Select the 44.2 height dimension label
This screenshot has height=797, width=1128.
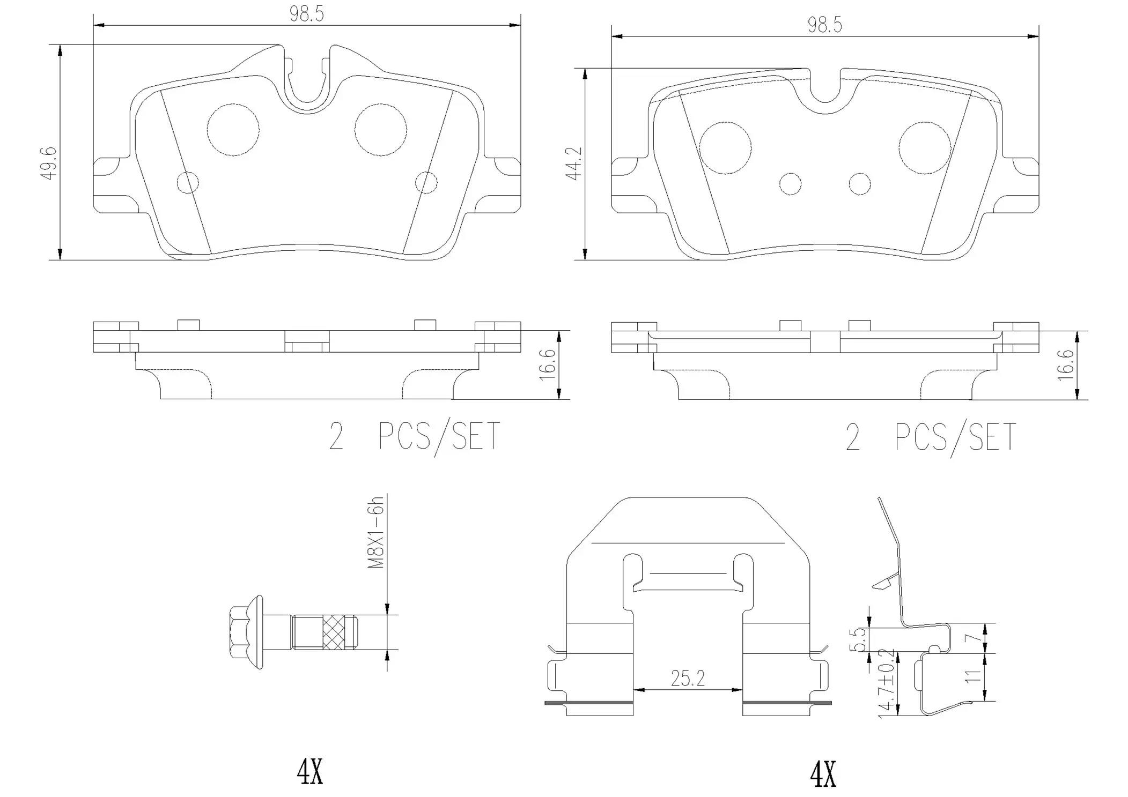[x=574, y=164]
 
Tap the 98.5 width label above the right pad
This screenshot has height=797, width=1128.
[x=825, y=25]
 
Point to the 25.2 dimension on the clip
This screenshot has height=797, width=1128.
[x=688, y=679]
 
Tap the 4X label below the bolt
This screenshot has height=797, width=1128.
[x=310, y=772]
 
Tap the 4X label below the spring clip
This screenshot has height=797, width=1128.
[x=823, y=775]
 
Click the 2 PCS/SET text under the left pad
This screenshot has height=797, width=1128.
[x=414, y=436]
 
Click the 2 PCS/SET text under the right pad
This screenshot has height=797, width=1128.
[x=931, y=437]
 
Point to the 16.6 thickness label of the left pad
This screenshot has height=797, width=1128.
[x=547, y=364]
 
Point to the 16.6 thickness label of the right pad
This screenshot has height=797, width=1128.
[x=1065, y=365]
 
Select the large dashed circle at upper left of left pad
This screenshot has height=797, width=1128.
[x=233, y=130]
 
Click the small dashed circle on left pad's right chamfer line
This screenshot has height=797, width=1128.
[x=426, y=182]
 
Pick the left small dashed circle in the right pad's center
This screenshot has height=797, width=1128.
[x=790, y=184]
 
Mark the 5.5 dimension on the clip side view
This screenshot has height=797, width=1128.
[x=857, y=639]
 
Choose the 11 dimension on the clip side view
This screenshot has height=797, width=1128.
[x=972, y=676]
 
